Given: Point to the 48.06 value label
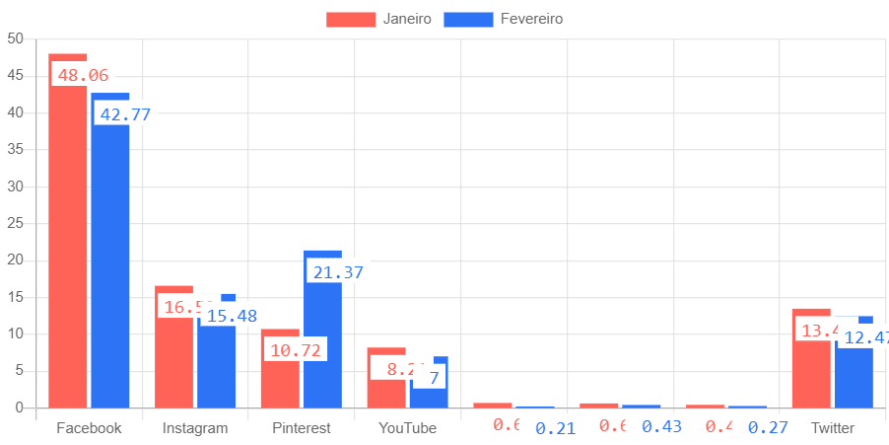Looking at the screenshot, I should click(x=83, y=75).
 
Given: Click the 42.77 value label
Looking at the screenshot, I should click(x=125, y=113).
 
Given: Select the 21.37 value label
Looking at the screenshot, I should click(x=338, y=271).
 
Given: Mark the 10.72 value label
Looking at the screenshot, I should click(x=295, y=350).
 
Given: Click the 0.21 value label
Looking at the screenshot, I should click(x=555, y=428).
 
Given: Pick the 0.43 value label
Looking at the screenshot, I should click(x=661, y=426).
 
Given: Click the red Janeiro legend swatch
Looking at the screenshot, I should click(x=351, y=19).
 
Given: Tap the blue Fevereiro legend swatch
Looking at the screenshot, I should click(x=468, y=19).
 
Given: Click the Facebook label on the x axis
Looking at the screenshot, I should click(x=89, y=428).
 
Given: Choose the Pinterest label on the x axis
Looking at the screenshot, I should click(x=302, y=428).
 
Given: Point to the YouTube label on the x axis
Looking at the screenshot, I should click(x=407, y=428).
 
